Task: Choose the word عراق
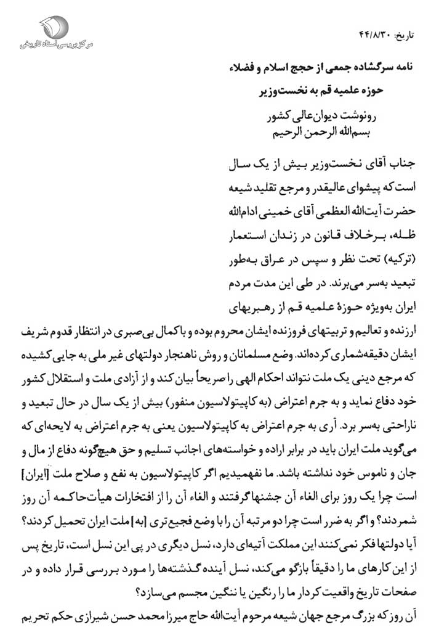click(284, 253)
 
